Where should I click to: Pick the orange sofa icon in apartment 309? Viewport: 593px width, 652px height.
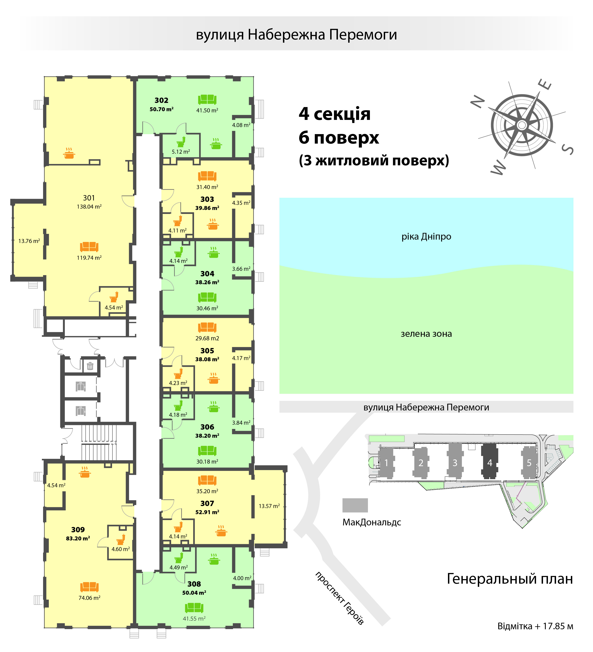(89, 586)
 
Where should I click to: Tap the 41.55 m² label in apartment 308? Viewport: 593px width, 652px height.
(194, 618)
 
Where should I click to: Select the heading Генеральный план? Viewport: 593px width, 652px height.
(510, 579)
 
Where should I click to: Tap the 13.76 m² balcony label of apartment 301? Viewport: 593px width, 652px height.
(29, 241)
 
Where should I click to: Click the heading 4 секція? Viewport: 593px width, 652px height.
(335, 114)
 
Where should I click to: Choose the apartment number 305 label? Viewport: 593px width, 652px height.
(207, 351)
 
